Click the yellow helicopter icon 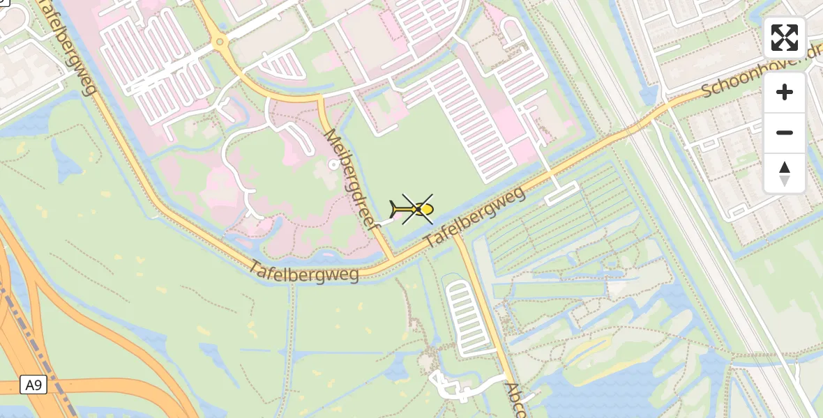414,209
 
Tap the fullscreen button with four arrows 785,38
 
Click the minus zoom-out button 785,132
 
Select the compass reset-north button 785,173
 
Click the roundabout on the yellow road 220,42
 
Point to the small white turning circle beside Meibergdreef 333,164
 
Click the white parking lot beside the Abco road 466,317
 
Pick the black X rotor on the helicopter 418,209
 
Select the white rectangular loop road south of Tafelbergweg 561,193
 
